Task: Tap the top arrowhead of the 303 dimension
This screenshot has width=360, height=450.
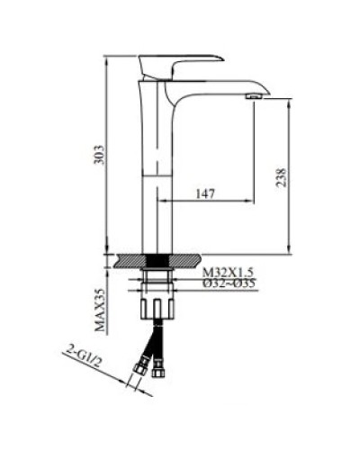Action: pyautogui.click(x=108, y=58)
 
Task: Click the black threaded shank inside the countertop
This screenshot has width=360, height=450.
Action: pyautogui.click(x=159, y=262)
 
